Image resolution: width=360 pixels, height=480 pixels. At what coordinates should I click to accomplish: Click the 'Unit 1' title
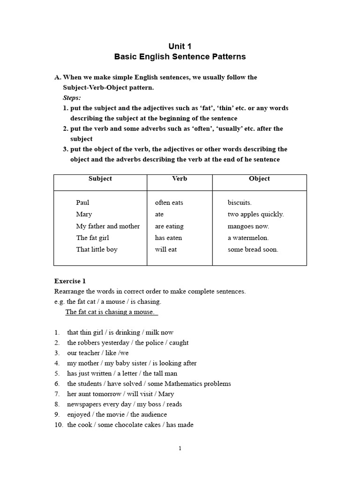click(x=180, y=46)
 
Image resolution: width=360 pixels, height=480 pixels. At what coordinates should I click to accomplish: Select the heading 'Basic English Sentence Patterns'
click(x=180, y=57)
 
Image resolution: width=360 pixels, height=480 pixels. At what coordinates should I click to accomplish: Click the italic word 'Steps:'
click(x=72, y=98)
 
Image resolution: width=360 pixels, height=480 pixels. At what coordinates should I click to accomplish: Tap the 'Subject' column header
click(x=100, y=179)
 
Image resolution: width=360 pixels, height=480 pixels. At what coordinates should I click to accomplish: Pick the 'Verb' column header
click(x=180, y=179)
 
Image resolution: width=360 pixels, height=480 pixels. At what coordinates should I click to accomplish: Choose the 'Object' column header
click(x=259, y=179)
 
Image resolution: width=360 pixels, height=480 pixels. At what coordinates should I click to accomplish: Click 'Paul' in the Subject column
click(x=82, y=202)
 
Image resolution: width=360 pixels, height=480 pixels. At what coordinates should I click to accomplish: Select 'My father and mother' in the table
click(x=108, y=226)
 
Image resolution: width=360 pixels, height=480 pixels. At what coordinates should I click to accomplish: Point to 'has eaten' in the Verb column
click(x=168, y=238)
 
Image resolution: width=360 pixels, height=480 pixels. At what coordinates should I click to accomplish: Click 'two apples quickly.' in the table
click(x=255, y=214)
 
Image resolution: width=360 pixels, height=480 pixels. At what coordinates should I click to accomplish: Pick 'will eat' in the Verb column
click(x=166, y=249)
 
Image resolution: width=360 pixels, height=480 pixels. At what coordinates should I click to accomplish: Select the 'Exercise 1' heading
click(x=70, y=281)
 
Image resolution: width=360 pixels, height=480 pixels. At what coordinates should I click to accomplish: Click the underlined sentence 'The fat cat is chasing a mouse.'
click(x=112, y=312)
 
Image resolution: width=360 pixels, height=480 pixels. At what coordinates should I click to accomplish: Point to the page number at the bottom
click(x=180, y=449)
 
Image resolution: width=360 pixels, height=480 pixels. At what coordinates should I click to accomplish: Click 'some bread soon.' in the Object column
click(x=253, y=249)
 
